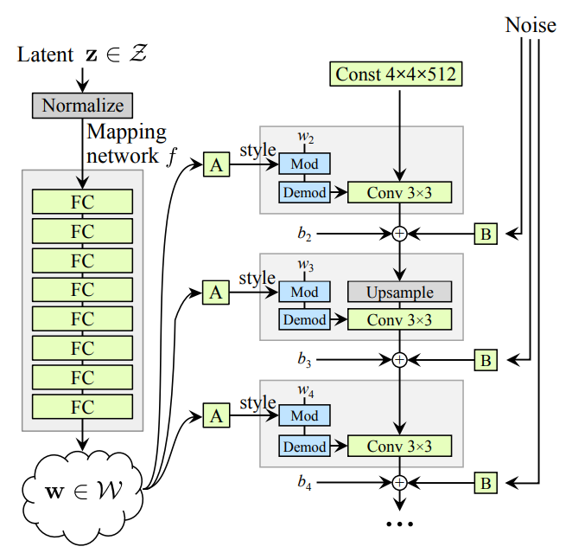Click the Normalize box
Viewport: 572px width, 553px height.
coord(83,106)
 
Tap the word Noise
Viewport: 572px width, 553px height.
coord(530,25)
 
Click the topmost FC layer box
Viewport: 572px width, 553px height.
coord(82,201)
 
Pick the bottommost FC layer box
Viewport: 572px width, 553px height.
coord(82,406)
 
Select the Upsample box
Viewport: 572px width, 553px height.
coord(399,292)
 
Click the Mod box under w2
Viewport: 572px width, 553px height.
coord(304,164)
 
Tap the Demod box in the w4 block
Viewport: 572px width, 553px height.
coord(304,446)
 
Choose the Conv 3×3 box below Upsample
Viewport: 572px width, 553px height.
coord(399,319)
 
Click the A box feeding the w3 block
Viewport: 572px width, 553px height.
coord(216,293)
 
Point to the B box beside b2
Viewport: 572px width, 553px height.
coord(486,233)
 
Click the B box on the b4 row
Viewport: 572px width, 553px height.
coord(486,482)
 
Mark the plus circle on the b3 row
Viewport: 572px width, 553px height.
coord(399,358)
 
